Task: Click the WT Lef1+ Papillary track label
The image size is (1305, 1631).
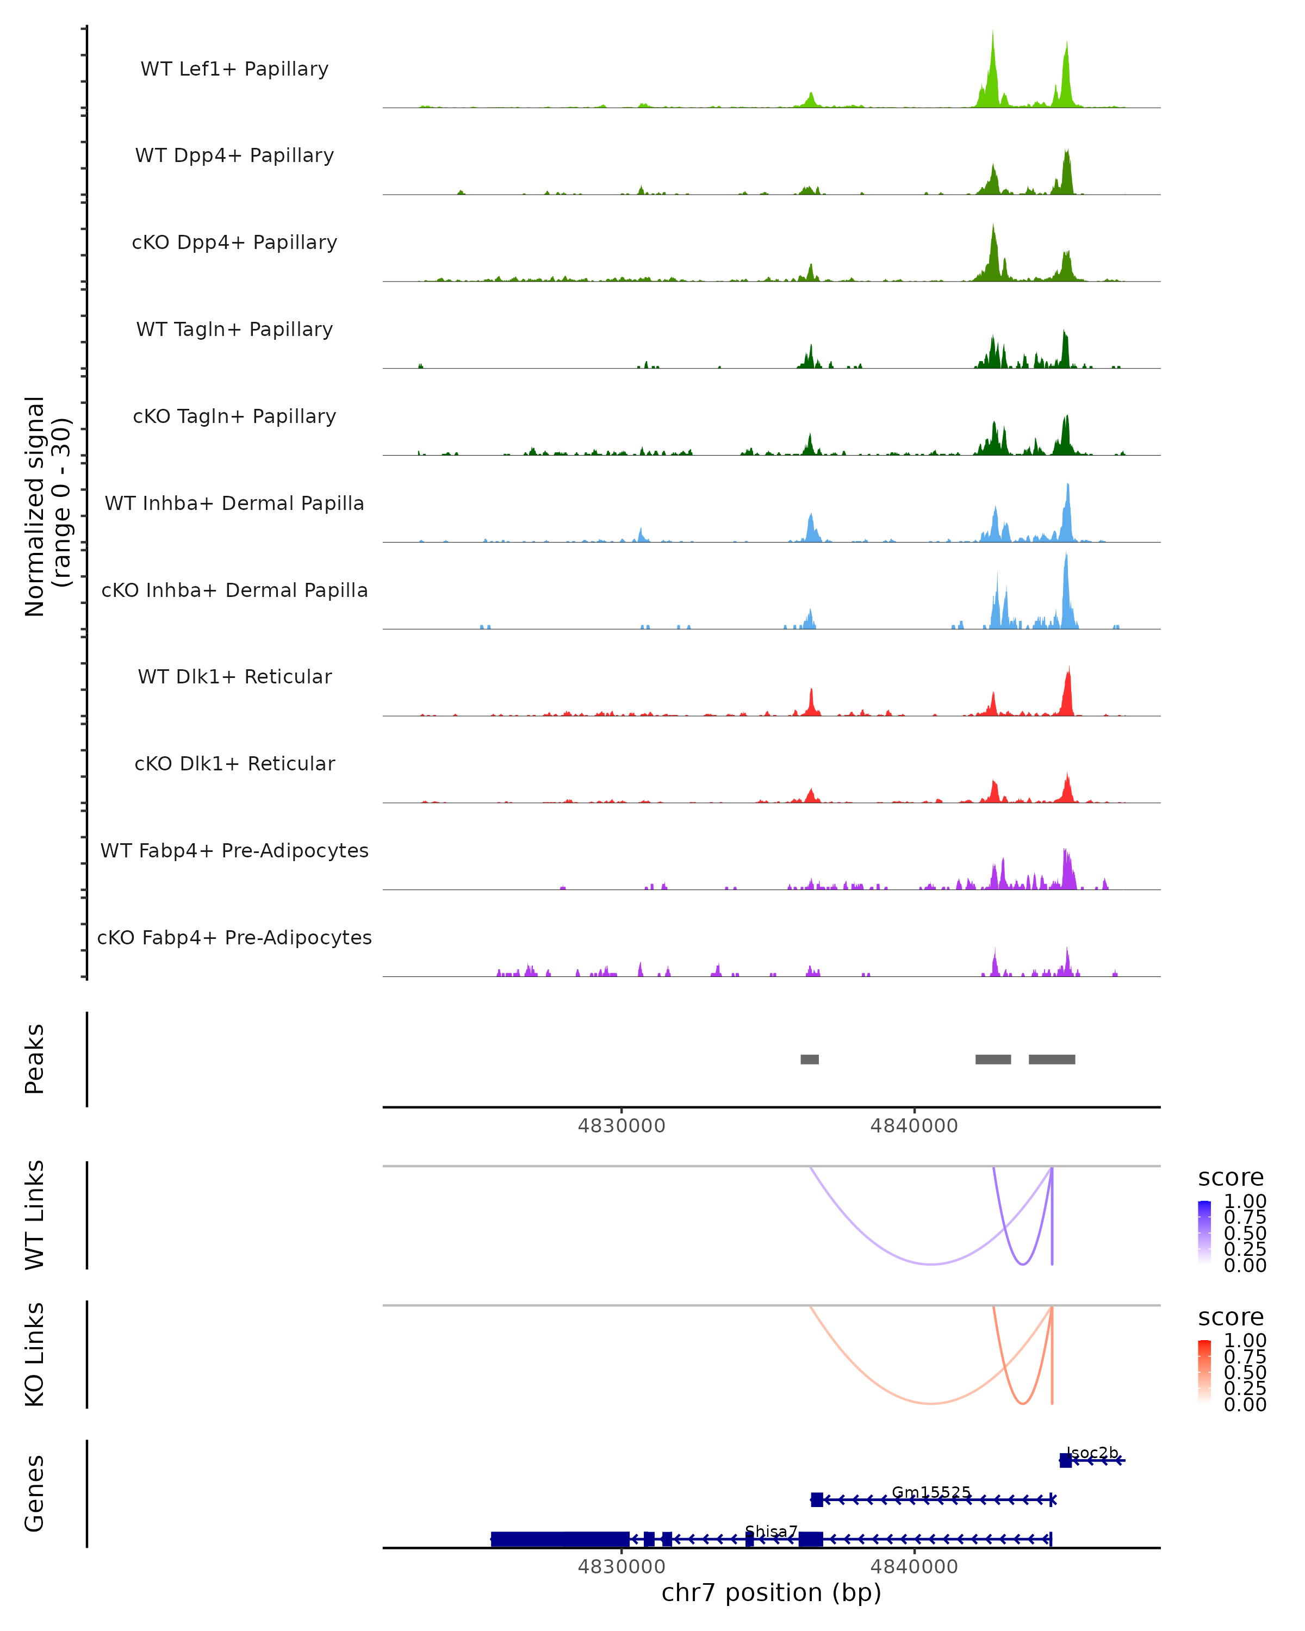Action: [x=234, y=69]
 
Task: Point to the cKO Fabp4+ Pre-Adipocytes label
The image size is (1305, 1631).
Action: [x=234, y=937]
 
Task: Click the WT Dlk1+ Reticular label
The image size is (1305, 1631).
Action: [x=234, y=676]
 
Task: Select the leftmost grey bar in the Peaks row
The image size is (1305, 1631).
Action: [x=810, y=1059]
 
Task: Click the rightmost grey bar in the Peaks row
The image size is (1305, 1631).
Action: [x=1052, y=1059]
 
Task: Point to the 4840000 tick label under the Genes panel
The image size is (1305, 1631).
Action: [x=914, y=1567]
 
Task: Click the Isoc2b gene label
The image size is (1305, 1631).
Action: [x=1092, y=1453]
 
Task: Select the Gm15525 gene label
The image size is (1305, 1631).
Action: [x=930, y=1492]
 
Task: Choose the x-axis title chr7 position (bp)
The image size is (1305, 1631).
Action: [x=771, y=1593]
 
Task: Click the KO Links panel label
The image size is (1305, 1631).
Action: [x=35, y=1354]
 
